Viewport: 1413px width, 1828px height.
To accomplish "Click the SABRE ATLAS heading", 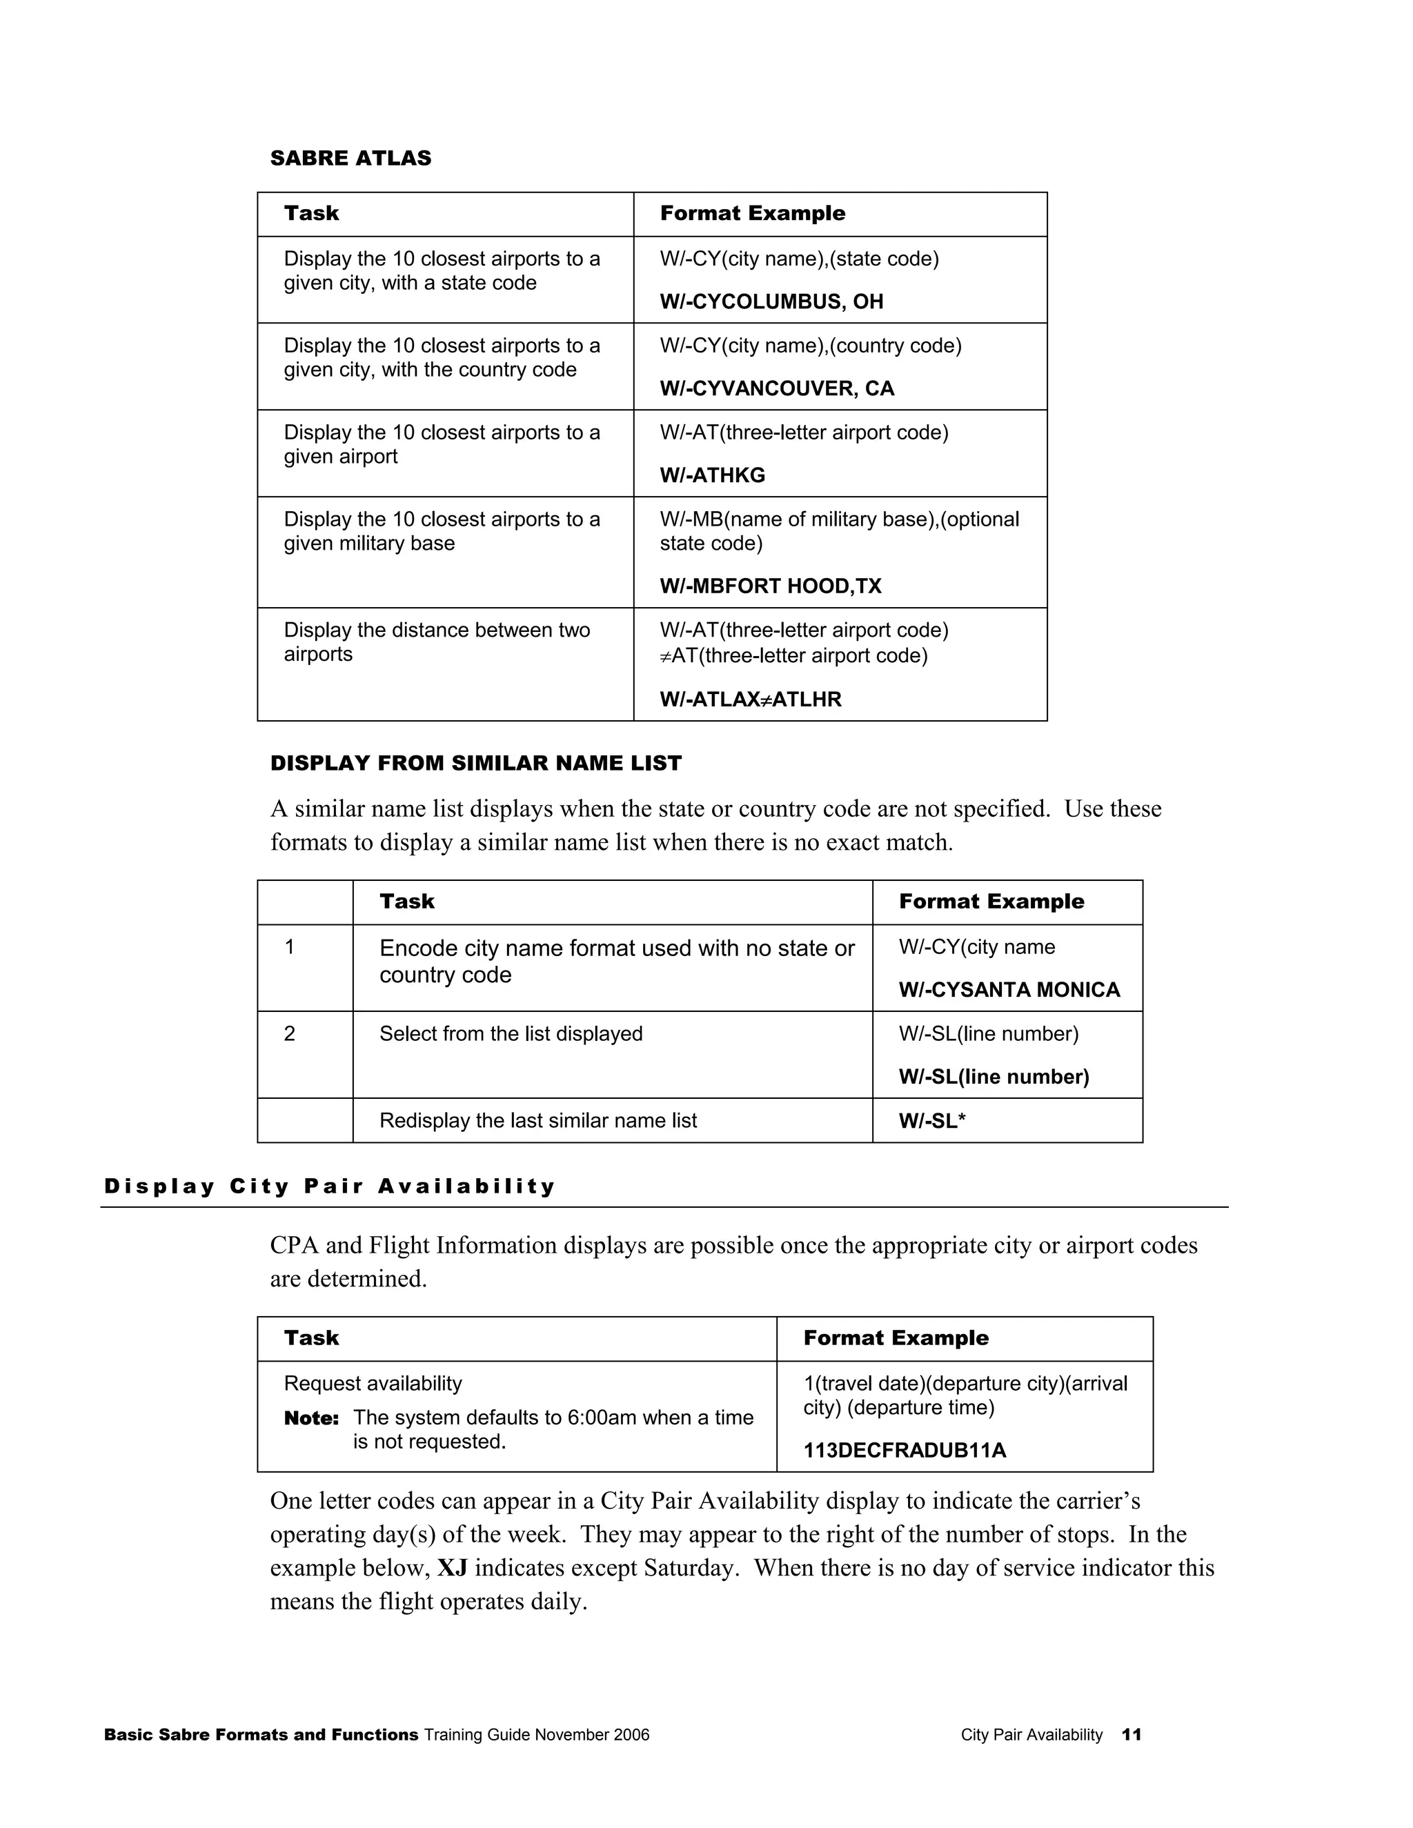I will click(350, 158).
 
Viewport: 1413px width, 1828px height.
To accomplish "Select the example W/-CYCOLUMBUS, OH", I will click(771, 302).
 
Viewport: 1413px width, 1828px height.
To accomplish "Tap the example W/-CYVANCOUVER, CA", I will click(776, 388).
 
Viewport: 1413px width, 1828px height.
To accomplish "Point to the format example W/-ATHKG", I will click(711, 475).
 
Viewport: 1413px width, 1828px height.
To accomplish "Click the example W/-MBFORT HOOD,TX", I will click(770, 586).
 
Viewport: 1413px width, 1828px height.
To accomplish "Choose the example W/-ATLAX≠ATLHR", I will click(750, 699).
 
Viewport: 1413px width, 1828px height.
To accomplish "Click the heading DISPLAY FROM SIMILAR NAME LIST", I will click(475, 764).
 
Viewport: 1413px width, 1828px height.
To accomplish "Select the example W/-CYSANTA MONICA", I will click(1009, 990).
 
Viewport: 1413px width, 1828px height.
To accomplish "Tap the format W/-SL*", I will click(931, 1122).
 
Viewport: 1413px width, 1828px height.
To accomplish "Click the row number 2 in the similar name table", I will click(290, 1034).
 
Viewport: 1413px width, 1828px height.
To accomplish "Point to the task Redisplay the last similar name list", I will click(537, 1121).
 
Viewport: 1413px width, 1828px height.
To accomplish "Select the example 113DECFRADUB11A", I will click(904, 1451).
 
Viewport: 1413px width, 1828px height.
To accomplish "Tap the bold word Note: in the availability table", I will click(311, 1418).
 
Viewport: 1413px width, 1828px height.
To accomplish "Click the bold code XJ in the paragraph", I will click(452, 1568).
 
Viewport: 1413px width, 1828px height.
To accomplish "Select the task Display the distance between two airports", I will click(436, 642).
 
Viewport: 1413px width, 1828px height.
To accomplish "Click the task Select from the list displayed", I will click(511, 1034).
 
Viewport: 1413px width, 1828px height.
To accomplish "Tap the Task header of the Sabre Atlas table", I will click(311, 213).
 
